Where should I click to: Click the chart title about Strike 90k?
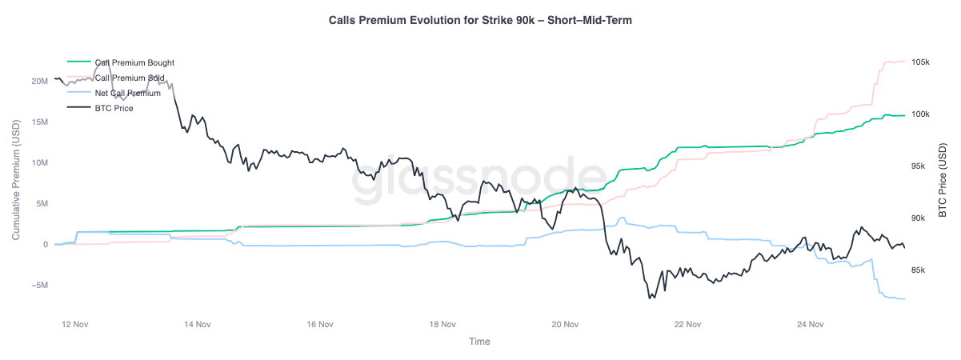tap(480, 20)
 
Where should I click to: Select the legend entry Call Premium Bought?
tap(134, 62)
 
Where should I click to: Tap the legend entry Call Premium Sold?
tap(130, 78)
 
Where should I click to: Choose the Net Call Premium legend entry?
tap(127, 93)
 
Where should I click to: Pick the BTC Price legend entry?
tap(114, 108)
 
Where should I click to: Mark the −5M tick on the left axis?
tap(38, 286)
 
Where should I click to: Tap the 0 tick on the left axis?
tap(46, 245)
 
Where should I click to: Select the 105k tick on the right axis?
tap(920, 62)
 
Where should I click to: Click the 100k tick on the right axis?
tap(920, 114)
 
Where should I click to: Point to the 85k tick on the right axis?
tap(919, 270)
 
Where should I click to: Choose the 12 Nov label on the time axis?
tap(74, 325)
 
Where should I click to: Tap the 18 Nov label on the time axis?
tap(442, 325)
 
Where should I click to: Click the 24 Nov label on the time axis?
tap(811, 325)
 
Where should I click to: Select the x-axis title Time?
tap(480, 342)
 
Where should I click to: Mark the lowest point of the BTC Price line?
tap(651, 298)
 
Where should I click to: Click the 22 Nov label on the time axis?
tap(688, 325)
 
